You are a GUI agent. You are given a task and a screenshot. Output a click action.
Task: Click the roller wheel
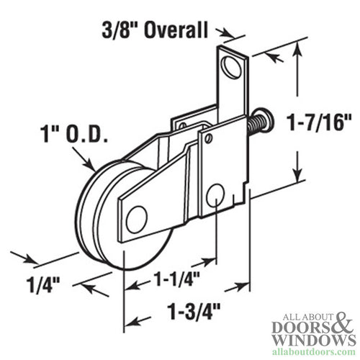pos(108,216)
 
